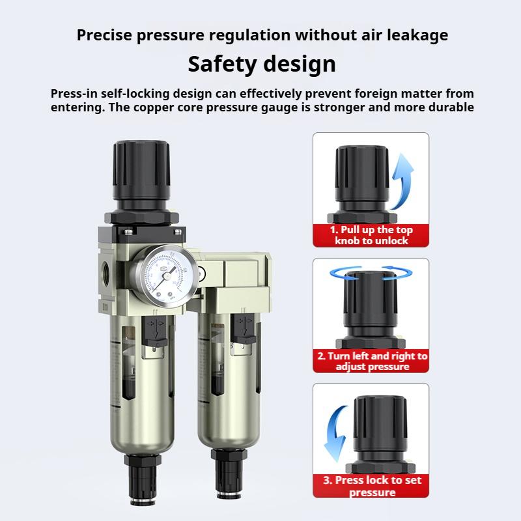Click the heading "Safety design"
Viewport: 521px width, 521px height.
point(262,64)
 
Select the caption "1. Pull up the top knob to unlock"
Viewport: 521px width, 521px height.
point(371,235)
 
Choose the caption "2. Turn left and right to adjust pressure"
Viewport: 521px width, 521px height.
point(371,361)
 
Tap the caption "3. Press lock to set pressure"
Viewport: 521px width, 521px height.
point(371,486)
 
